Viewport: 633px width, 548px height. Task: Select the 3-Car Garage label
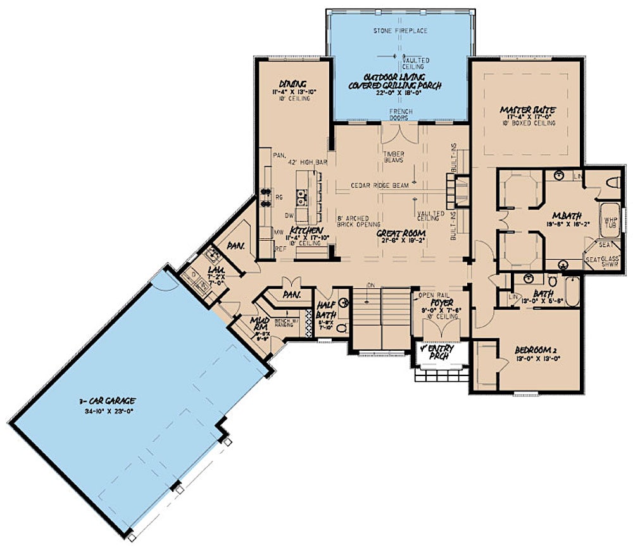click(x=110, y=401)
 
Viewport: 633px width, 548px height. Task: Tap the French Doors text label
click(x=401, y=116)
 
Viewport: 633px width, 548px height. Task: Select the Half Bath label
click(x=327, y=307)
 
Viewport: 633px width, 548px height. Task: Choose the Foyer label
click(x=438, y=301)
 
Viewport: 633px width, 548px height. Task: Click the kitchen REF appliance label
click(x=279, y=249)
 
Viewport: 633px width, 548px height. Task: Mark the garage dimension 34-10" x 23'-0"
click(x=110, y=410)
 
